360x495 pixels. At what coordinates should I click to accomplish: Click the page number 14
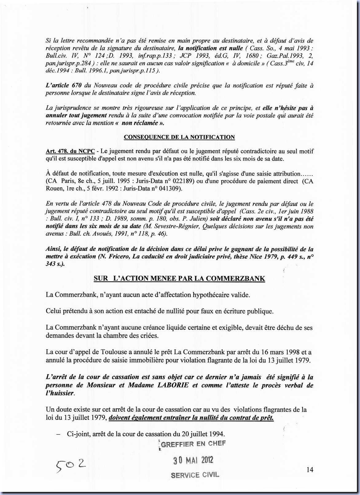tap(310, 469)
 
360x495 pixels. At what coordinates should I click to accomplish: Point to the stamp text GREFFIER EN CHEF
tap(193, 444)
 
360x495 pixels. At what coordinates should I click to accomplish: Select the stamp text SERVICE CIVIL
tap(195, 475)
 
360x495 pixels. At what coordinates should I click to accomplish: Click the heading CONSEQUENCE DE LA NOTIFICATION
tap(179, 137)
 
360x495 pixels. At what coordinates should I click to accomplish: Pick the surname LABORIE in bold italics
tap(171, 385)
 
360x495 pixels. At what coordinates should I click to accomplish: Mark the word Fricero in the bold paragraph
tap(118, 257)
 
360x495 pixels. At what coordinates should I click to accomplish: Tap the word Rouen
tap(54, 189)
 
